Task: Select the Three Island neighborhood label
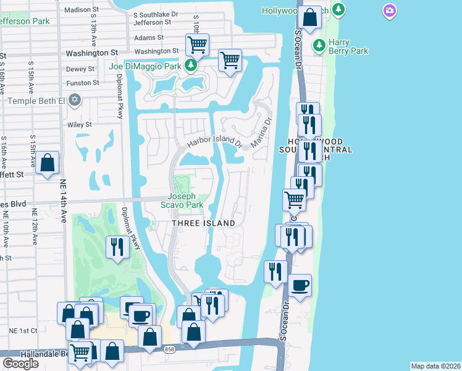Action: coord(203,223)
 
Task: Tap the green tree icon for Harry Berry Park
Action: coord(319,45)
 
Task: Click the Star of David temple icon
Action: coord(75,100)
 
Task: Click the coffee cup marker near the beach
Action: coord(300,285)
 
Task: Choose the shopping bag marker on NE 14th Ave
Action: coord(47,163)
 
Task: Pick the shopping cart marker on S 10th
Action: coord(197,44)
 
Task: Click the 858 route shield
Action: coord(169,350)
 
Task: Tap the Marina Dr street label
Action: coord(262,132)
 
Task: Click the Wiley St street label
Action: coord(79,124)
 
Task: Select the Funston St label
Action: coord(83,83)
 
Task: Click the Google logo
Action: coord(20,363)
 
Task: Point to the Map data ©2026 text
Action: coord(435,366)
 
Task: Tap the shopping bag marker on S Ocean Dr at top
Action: coord(311,17)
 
